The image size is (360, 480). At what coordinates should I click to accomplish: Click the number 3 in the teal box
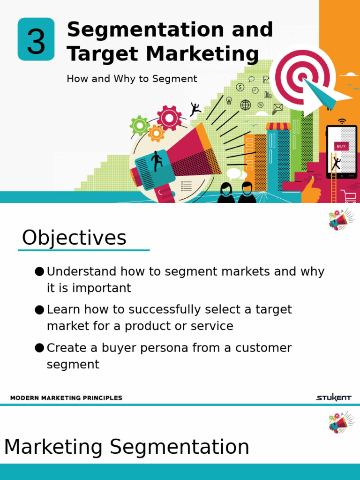pyautogui.click(x=36, y=40)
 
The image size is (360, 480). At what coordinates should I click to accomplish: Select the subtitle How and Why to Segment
pyautogui.click(x=132, y=79)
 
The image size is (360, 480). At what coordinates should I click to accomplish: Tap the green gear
pyautogui.click(x=139, y=126)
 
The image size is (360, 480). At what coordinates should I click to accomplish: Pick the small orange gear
pyautogui.click(x=156, y=134)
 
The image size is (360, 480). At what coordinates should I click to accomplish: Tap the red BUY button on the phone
pyautogui.click(x=341, y=146)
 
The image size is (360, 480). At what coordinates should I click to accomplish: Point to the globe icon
pyautogui.click(x=245, y=105)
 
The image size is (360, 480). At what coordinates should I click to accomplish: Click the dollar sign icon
pyautogui.click(x=240, y=87)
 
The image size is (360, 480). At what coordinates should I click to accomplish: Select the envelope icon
pyautogui.click(x=278, y=107)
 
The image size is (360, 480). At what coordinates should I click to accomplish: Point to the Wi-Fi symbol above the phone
pyautogui.click(x=342, y=121)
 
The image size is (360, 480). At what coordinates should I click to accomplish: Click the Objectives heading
pyautogui.click(x=74, y=238)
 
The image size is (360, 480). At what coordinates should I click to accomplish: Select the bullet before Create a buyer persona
pyautogui.click(x=39, y=348)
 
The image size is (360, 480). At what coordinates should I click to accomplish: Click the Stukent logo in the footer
pyautogui.click(x=333, y=398)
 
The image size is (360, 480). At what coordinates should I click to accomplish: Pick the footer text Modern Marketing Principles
pyautogui.click(x=66, y=398)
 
